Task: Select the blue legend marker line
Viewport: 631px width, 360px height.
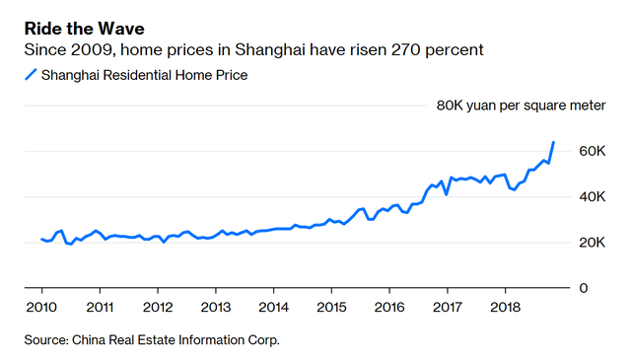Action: tap(31, 75)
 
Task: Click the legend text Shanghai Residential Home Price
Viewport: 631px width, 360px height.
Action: tap(145, 75)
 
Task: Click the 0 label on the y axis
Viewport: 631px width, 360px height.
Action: tap(583, 288)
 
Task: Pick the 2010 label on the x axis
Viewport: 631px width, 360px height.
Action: tap(40, 306)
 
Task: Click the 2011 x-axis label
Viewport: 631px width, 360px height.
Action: tap(99, 306)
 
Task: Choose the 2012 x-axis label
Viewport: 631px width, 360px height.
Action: tap(157, 306)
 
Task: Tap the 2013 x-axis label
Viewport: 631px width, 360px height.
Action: tap(215, 306)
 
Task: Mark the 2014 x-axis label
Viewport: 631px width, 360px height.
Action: tap(273, 306)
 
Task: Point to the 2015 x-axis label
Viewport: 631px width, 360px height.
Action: tap(331, 306)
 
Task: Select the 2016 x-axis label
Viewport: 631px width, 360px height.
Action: tap(389, 306)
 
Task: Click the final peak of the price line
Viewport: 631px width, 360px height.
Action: tap(553, 142)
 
